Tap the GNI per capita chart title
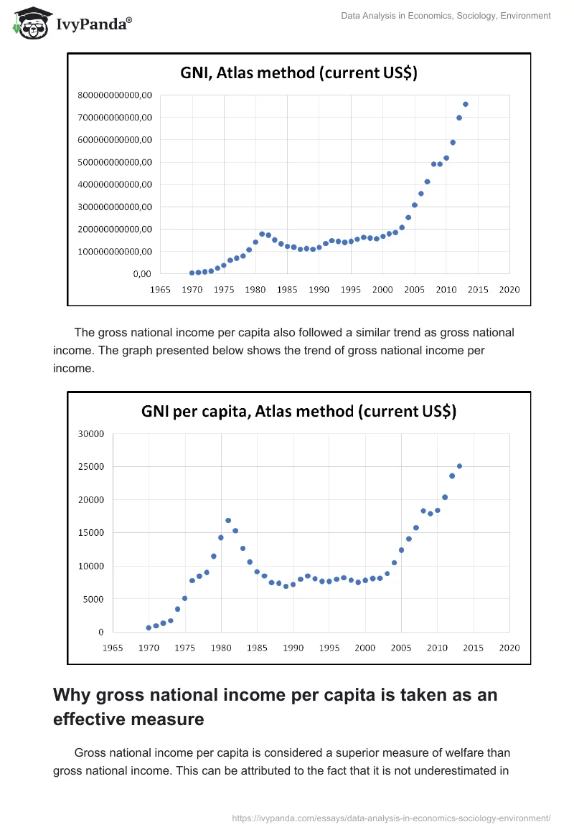pyautogui.click(x=298, y=411)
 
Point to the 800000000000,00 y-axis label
pyautogui.click(x=115, y=95)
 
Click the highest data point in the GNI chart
pyautogui.click(x=465, y=104)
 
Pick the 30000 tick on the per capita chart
pyautogui.click(x=91, y=434)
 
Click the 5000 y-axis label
pyautogui.click(x=94, y=599)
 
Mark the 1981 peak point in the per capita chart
pyautogui.click(x=228, y=521)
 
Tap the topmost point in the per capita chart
pyautogui.click(x=459, y=466)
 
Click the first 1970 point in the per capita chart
pyautogui.click(x=149, y=628)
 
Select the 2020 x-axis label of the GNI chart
pyautogui.click(x=509, y=289)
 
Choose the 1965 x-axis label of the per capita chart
pyautogui.click(x=113, y=648)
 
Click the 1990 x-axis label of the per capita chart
pyautogui.click(x=293, y=648)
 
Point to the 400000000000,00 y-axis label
pyautogui.click(x=115, y=184)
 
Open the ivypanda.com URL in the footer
pyautogui.click(x=392, y=818)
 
